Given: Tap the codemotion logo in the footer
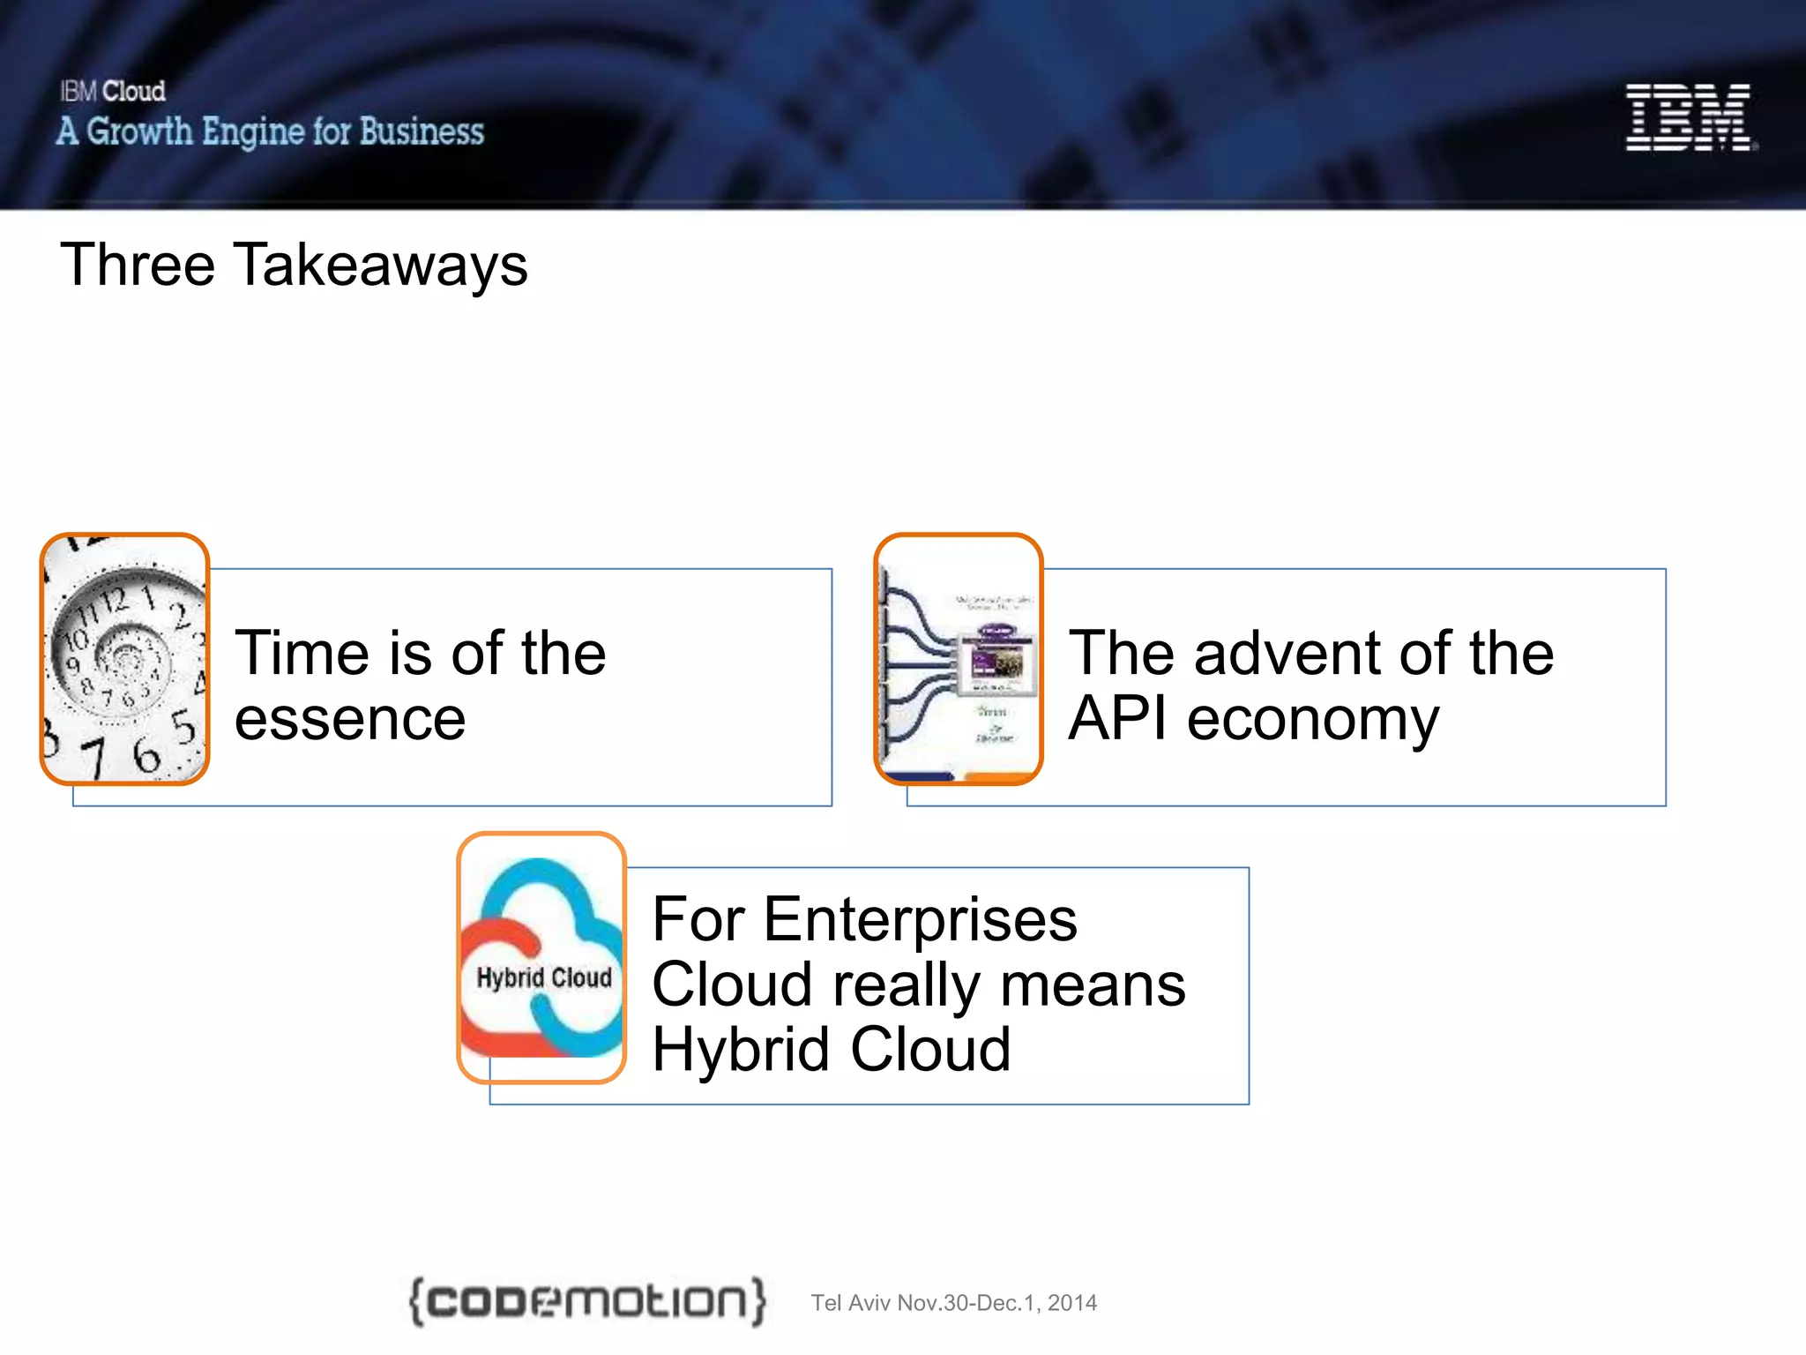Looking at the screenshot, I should click(x=587, y=1300).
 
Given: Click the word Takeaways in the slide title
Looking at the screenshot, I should click(x=380, y=265).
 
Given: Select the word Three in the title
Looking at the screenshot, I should click(x=138, y=265).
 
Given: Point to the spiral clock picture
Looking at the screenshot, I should click(x=124, y=659).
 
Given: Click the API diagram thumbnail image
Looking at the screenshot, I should click(x=959, y=659).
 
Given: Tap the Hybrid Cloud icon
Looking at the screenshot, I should click(x=541, y=958).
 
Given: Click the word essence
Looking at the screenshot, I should click(x=350, y=719).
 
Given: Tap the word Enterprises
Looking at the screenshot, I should click(x=920, y=919).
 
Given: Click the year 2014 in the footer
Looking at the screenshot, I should click(x=1072, y=1303).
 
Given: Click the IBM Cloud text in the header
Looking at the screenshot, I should click(x=113, y=91).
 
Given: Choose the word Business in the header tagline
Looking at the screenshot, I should click(x=422, y=131).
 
